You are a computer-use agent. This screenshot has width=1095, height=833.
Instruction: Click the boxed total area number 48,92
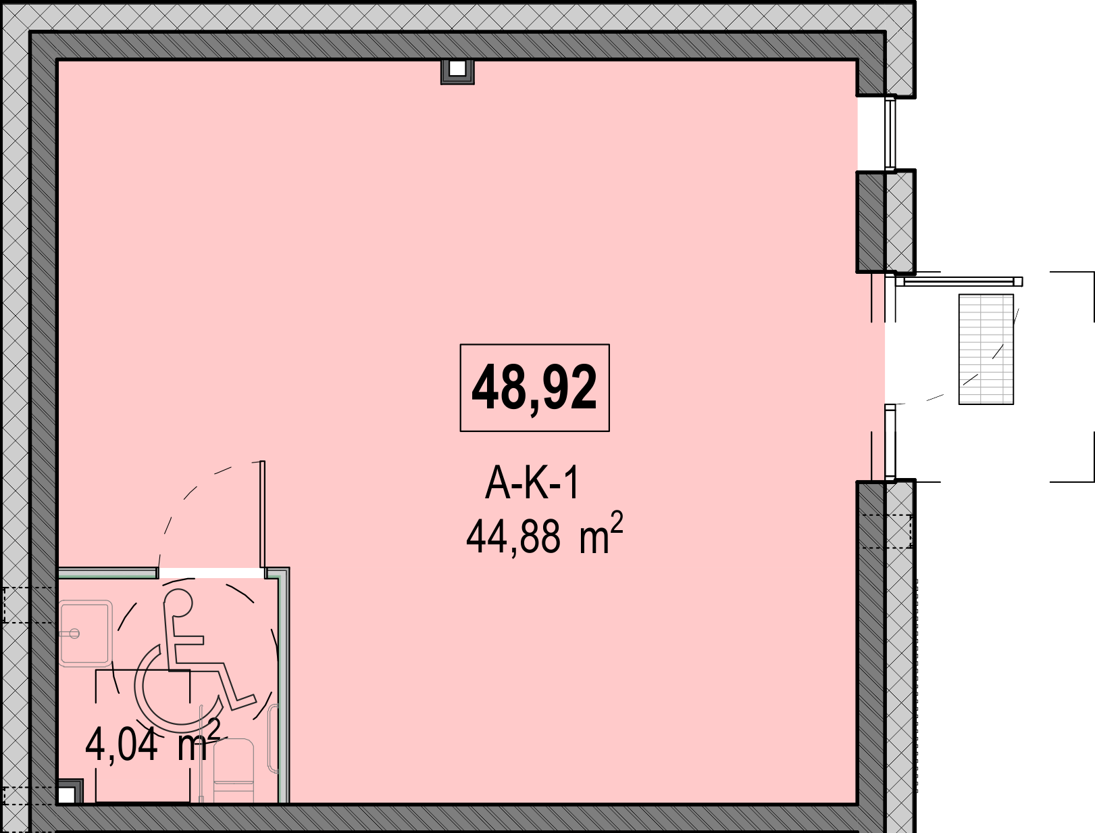click(534, 387)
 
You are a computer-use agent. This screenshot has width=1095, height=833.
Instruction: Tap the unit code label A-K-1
click(532, 483)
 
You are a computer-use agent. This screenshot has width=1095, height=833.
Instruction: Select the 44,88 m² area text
click(544, 533)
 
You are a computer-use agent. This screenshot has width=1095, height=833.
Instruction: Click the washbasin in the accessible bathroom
click(85, 634)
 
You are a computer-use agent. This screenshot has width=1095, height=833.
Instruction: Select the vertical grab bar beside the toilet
click(273, 738)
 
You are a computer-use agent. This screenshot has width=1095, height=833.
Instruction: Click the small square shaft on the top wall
click(457, 72)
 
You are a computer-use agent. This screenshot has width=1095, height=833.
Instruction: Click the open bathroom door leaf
click(262, 514)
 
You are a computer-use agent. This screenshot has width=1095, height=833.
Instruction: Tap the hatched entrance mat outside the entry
click(986, 349)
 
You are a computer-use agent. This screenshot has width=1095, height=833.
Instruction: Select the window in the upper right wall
click(890, 133)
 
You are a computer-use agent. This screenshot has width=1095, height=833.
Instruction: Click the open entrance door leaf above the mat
click(959, 282)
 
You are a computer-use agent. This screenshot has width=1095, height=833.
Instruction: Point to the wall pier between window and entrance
click(886, 222)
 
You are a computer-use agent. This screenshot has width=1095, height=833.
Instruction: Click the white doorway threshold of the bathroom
click(211, 573)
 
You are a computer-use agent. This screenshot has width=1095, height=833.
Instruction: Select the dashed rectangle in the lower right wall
click(886, 531)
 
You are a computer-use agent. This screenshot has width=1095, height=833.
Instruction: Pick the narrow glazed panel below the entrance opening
click(890, 442)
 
